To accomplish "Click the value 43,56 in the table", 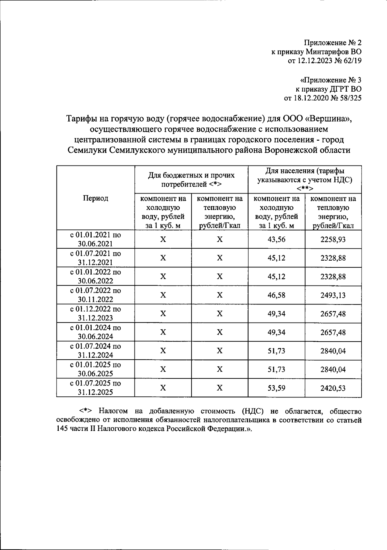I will coord(276,239).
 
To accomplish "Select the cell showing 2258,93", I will coord(333,239).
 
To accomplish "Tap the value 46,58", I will coord(276,295).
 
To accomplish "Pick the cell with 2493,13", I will coord(333,295).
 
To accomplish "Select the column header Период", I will coord(95,198).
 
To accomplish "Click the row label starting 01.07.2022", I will coord(95,295).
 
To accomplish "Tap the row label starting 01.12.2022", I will coord(95,314).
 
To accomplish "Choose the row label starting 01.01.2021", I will coord(95,239).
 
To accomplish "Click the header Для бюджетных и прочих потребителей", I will coord(191,180).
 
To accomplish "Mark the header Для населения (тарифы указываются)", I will coord(304,179).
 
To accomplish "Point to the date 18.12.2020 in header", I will coord(310,98).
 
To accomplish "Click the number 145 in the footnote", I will coord(62,429).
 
